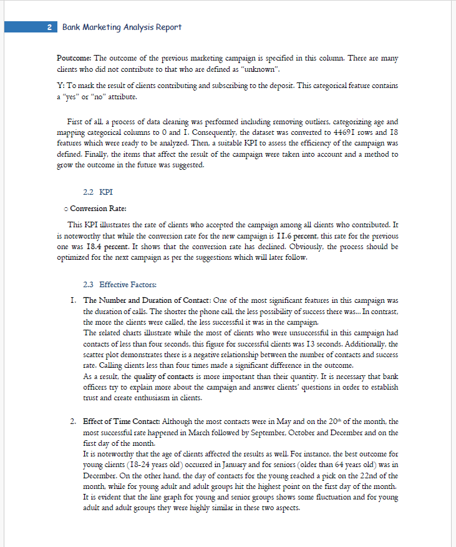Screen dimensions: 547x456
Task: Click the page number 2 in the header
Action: point(49,27)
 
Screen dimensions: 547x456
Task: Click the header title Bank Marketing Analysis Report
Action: point(122,27)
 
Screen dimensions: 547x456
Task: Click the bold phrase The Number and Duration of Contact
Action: point(146,300)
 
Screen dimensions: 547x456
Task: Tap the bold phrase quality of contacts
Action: point(164,377)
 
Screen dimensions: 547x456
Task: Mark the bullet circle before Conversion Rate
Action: point(66,209)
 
